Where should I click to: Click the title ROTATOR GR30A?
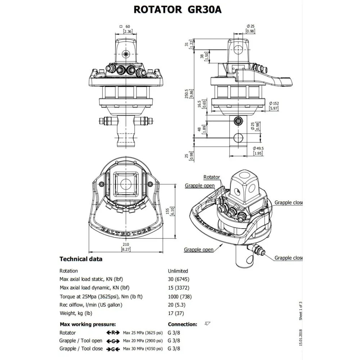[177, 9]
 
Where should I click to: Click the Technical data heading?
[81, 259]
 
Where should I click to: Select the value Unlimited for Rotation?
[178, 271]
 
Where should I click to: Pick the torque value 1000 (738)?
[180, 297]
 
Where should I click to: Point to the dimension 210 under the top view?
[126, 244]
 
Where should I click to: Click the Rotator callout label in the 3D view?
[211, 177]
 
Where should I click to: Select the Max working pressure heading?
[87, 324]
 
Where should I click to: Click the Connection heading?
[183, 324]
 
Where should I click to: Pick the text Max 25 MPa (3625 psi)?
[143, 333]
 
